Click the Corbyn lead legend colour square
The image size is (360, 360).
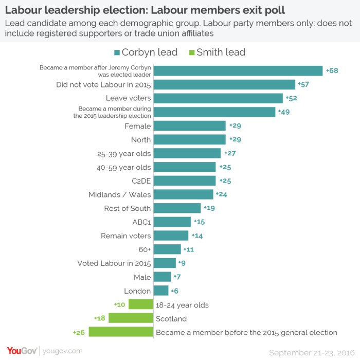[117, 52]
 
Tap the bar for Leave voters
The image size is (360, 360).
[219, 98]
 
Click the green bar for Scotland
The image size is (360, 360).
[131, 318]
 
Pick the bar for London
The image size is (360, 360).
[161, 291]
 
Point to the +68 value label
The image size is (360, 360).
[332, 70]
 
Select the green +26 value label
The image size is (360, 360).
[80, 332]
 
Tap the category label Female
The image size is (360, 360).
[138, 126]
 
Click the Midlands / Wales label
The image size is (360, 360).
[120, 194]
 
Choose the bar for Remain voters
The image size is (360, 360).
[171, 236]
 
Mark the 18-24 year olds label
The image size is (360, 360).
[182, 305]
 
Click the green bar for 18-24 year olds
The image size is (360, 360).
[141, 304]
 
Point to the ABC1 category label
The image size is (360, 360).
[141, 222]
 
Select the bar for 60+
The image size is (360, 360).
[167, 249]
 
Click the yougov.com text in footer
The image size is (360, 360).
[62, 351]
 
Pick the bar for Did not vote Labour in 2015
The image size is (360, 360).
[225, 84]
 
